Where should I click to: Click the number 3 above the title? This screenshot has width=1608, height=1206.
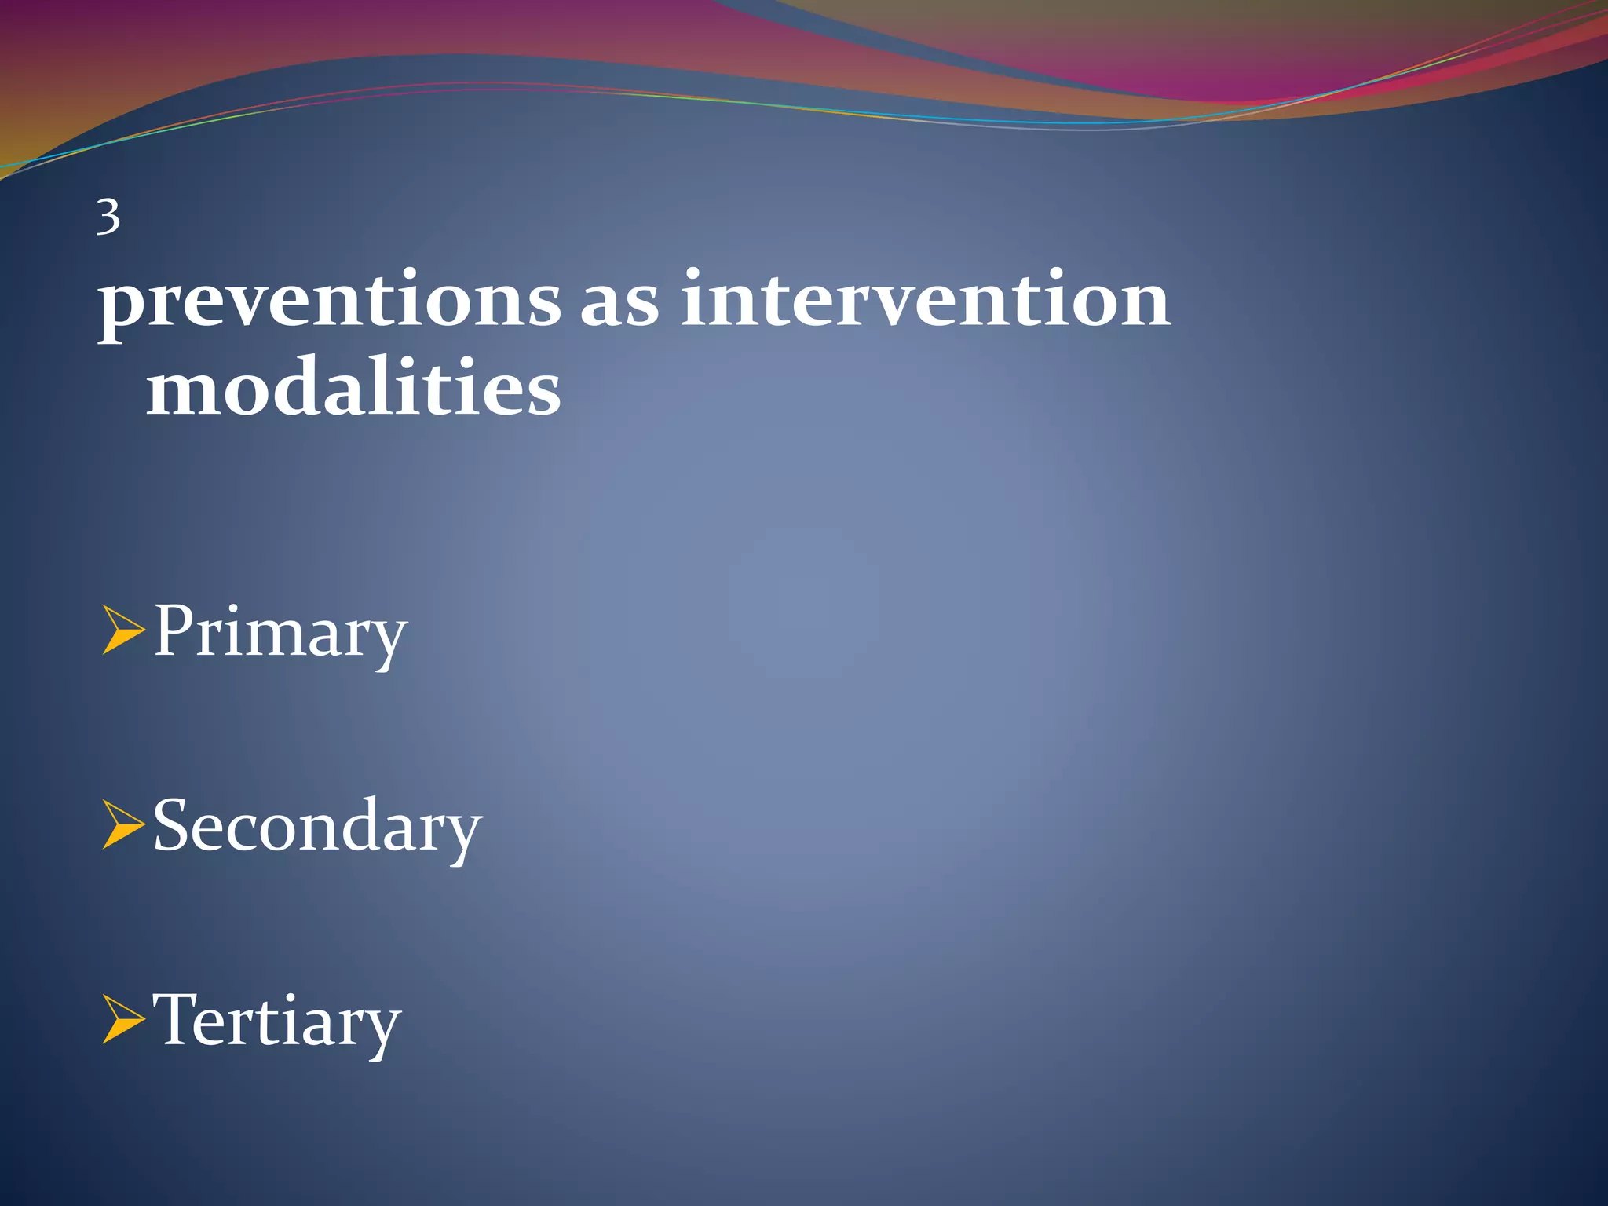pos(108,217)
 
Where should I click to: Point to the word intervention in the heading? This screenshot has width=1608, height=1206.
pos(925,299)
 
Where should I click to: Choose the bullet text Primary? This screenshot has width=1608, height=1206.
pos(280,633)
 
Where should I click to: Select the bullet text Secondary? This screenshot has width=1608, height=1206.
pos(316,826)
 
